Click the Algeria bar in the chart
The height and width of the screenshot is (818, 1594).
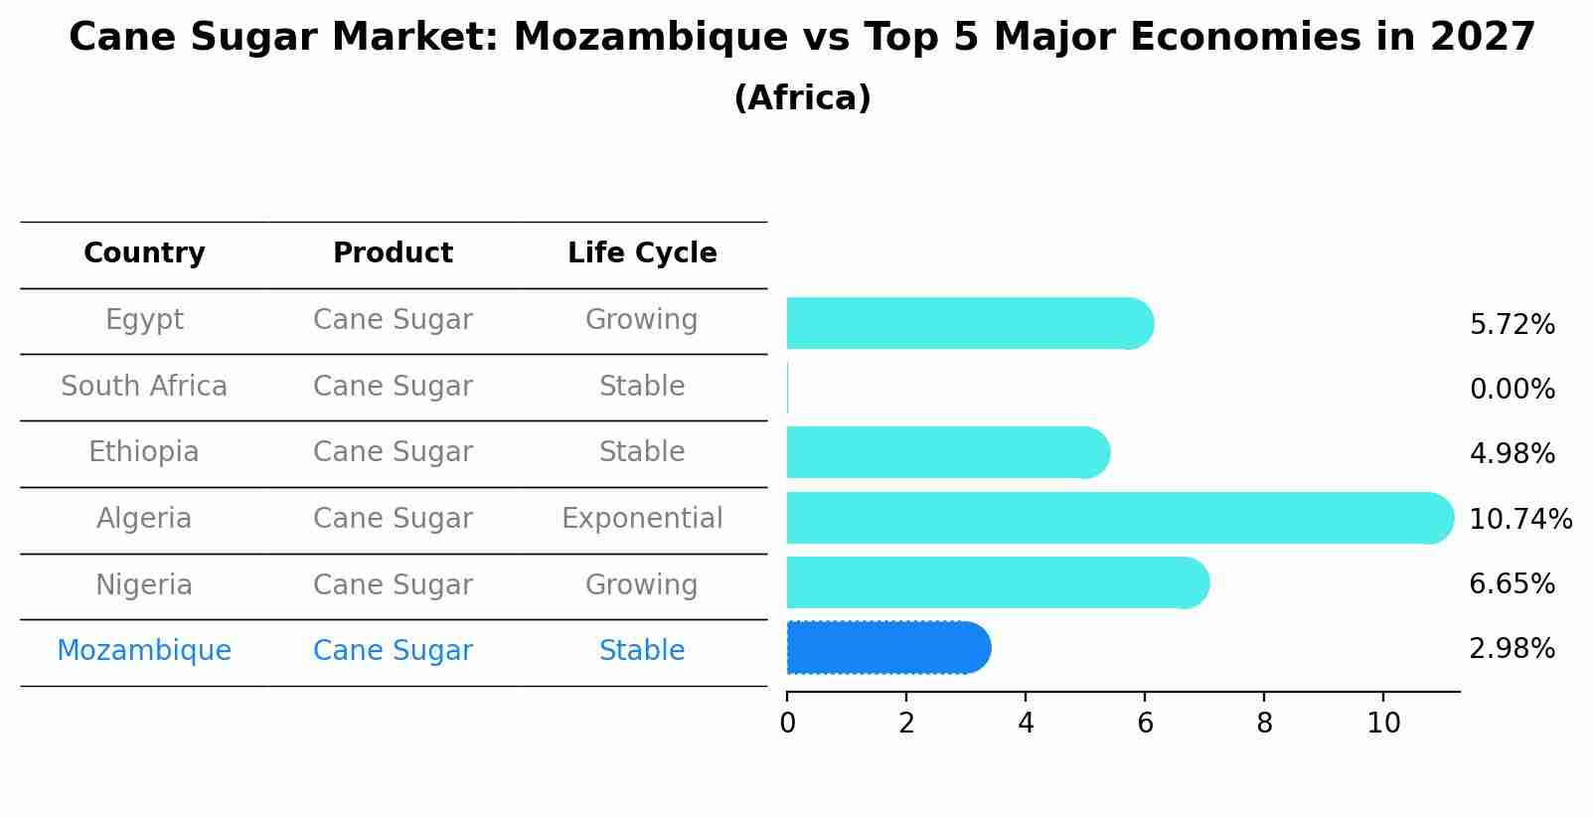1118,518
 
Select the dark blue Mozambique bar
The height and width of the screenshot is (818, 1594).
887,648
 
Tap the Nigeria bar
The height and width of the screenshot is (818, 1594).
997,582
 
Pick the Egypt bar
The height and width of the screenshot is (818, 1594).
969,323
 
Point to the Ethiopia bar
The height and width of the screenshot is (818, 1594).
947,452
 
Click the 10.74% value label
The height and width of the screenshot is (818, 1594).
1519,519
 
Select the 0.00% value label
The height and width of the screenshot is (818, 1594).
1512,390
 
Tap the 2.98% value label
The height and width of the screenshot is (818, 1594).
1512,649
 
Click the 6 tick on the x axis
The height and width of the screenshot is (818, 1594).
1145,724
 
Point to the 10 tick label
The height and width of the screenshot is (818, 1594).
1383,724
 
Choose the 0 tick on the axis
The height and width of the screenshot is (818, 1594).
787,724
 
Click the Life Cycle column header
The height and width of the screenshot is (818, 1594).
642,253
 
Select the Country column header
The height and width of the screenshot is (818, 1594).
144,253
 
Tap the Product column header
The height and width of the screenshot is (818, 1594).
393,253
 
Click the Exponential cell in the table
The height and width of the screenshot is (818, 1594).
642,519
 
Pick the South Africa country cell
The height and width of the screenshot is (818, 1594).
144,387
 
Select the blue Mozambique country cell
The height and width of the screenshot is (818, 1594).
144,651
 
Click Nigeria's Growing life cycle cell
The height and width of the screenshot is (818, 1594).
642,585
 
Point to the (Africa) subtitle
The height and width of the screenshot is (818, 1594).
802,98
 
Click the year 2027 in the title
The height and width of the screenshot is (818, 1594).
1483,38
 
